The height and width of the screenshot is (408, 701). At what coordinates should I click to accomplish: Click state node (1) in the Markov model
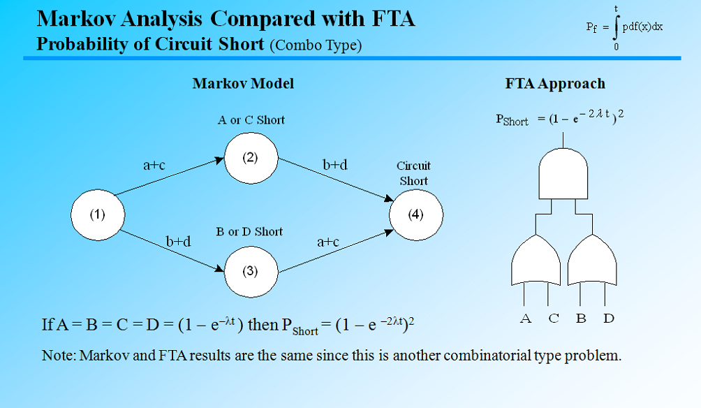click(98, 214)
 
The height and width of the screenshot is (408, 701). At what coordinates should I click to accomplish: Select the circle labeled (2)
click(251, 157)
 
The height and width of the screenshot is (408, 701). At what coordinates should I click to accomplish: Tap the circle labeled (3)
click(251, 272)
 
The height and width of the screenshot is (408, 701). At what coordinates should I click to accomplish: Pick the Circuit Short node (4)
click(415, 214)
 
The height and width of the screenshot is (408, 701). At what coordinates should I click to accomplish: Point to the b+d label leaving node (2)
click(335, 165)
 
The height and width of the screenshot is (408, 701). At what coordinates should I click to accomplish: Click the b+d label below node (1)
click(179, 241)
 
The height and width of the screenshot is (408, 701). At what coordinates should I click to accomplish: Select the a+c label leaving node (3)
click(328, 242)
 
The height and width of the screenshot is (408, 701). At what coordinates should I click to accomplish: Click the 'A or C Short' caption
click(251, 120)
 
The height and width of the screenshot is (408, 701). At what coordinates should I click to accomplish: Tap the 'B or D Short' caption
click(250, 232)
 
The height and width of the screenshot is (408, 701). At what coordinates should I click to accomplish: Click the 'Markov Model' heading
click(243, 84)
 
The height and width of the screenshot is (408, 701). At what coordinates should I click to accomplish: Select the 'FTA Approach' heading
click(555, 84)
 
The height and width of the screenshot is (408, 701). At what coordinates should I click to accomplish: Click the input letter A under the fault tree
click(526, 319)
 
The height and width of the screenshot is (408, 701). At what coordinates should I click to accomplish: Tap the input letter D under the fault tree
click(609, 319)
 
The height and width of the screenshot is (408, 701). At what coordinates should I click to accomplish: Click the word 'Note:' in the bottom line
click(59, 356)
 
